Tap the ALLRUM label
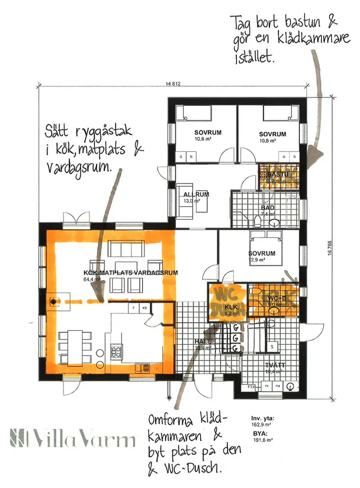pyautogui.click(x=196, y=195)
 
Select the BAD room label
pyautogui.click(x=268, y=208)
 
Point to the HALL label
pyautogui.click(x=201, y=342)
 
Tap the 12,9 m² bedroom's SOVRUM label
pyautogui.click(x=262, y=254)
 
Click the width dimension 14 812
pyautogui.click(x=173, y=84)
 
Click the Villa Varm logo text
pyautogui.click(x=73, y=438)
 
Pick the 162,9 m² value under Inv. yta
pyautogui.click(x=261, y=425)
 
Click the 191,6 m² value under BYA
pyautogui.click(x=261, y=440)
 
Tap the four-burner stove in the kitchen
pyautogui.click(x=117, y=351)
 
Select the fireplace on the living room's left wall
pyautogui.click(x=52, y=302)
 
